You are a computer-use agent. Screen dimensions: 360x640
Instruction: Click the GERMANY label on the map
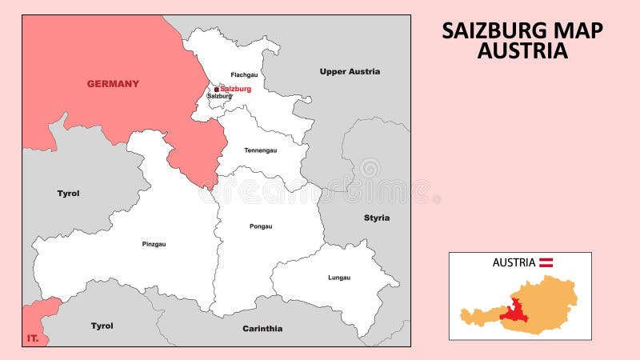tap(113, 83)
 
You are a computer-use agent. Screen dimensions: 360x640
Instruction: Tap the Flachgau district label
tap(244, 74)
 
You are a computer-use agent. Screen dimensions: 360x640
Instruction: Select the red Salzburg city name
tap(235, 89)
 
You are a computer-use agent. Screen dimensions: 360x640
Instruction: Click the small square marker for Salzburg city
tap(216, 90)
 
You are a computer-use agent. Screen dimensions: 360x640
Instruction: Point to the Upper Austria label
tap(350, 71)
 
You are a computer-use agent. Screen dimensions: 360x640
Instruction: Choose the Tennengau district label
tap(260, 150)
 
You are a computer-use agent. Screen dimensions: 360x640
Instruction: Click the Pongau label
tap(261, 226)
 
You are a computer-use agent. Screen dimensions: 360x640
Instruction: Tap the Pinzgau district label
tap(154, 244)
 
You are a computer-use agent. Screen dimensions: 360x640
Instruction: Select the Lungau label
tap(339, 278)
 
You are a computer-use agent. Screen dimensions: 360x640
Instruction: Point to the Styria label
tap(377, 218)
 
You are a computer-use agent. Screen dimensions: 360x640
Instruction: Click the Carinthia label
tap(262, 328)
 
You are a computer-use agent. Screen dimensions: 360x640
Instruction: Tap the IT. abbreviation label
tap(33, 339)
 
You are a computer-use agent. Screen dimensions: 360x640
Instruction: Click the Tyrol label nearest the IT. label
tap(102, 326)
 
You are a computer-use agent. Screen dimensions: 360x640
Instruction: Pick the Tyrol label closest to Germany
tap(68, 193)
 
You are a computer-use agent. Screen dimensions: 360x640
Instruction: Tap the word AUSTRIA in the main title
tap(522, 51)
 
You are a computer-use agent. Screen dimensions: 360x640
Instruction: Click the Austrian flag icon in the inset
tap(546, 262)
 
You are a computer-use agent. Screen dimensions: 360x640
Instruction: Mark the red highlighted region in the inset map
tap(514, 310)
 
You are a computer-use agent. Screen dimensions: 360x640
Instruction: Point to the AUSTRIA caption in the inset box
tap(514, 262)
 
